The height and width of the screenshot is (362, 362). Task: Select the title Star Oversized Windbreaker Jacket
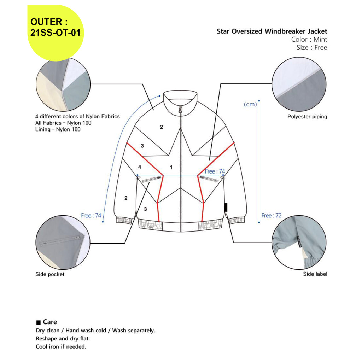(x=272, y=31)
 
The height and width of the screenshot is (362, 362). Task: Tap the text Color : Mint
(x=309, y=40)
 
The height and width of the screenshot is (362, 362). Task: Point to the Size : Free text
(x=312, y=48)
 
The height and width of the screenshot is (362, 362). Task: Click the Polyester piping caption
(x=307, y=117)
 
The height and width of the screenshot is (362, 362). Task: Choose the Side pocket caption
(x=50, y=274)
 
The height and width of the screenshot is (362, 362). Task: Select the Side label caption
(x=315, y=274)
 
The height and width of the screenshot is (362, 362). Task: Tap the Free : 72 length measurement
(x=271, y=215)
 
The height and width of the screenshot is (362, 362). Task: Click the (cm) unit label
(x=250, y=104)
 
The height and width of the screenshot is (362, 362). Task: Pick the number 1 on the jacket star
(x=171, y=167)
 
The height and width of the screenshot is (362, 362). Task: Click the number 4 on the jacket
(x=140, y=167)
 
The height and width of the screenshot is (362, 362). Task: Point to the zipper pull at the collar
(x=180, y=110)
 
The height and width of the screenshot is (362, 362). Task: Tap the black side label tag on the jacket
(x=226, y=207)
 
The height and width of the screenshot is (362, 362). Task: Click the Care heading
(x=50, y=322)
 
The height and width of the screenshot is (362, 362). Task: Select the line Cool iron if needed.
(x=61, y=346)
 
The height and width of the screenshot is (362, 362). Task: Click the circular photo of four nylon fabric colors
(x=63, y=84)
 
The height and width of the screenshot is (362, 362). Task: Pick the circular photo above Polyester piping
(x=299, y=84)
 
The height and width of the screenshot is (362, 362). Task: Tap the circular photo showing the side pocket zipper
(x=63, y=243)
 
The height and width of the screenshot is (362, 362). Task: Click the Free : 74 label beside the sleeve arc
(x=91, y=215)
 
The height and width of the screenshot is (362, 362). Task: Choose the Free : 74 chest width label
(x=215, y=171)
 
